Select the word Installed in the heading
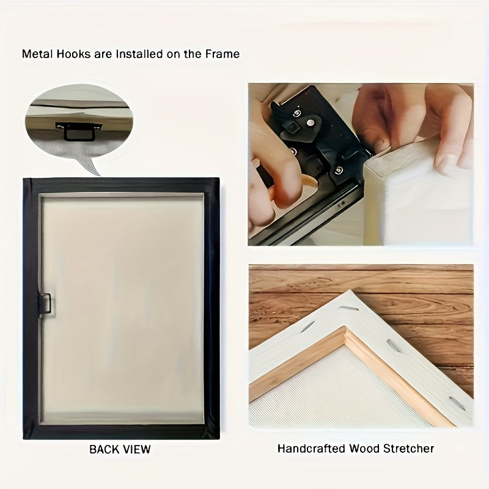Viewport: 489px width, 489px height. (x=139, y=54)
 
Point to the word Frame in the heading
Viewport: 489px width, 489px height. (x=222, y=54)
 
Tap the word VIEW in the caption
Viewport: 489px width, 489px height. (x=137, y=449)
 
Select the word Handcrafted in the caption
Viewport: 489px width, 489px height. (x=311, y=449)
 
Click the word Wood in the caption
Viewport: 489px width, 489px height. (x=364, y=449)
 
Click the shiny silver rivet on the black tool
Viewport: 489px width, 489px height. (x=311, y=123)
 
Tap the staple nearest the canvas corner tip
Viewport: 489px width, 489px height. (x=349, y=309)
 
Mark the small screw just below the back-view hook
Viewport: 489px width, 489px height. (x=41, y=316)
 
